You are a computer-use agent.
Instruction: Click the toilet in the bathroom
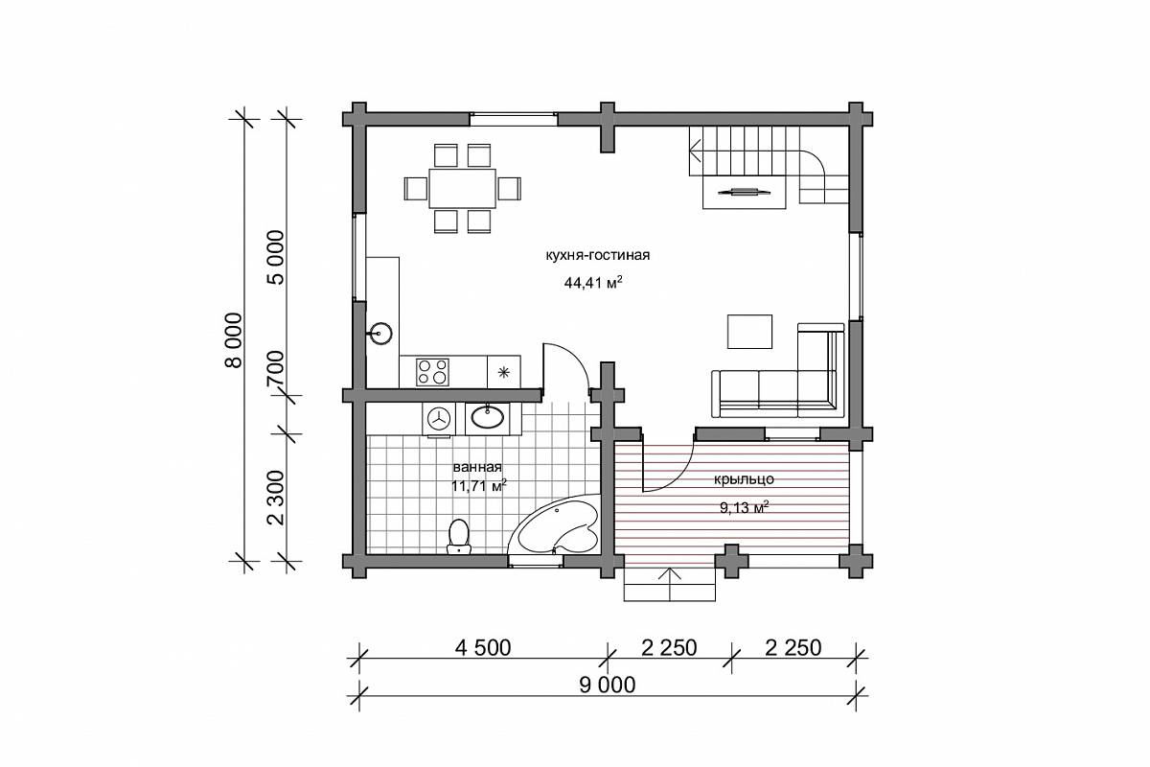458,536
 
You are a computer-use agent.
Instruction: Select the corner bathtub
556,525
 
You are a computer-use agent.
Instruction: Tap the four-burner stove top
432,372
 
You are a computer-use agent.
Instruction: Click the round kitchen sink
380,334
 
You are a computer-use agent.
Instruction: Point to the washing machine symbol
439,419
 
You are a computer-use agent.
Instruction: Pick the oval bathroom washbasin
487,417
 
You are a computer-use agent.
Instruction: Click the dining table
463,188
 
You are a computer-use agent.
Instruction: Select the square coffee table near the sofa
749,332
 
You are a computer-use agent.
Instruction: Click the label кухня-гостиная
598,255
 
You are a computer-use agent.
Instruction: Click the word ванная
477,467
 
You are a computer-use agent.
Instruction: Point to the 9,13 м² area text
744,508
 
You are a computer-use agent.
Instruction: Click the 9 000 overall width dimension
608,685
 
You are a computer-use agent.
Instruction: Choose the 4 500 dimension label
483,648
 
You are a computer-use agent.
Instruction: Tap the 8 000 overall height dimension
233,340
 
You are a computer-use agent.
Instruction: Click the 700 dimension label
276,368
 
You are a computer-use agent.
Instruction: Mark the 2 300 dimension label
276,498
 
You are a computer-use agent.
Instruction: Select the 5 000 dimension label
276,257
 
